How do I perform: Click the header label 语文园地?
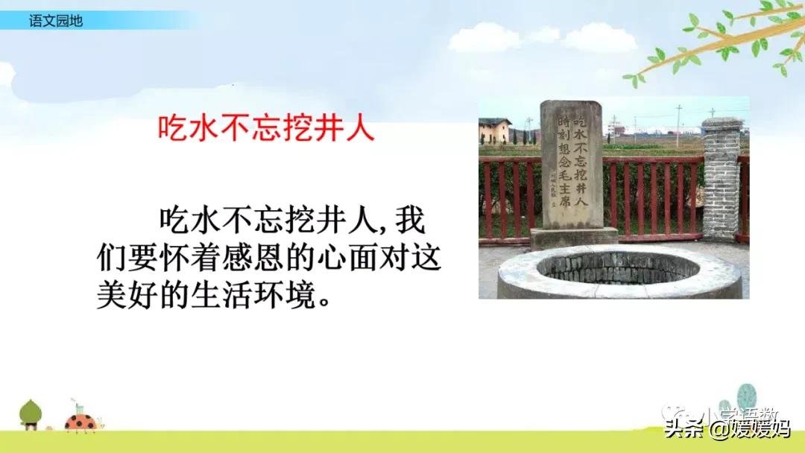(55, 21)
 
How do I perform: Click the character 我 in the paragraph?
(411, 220)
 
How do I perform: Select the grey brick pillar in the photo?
(721, 179)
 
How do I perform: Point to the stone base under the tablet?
(573, 238)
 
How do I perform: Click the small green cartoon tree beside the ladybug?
(31, 414)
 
